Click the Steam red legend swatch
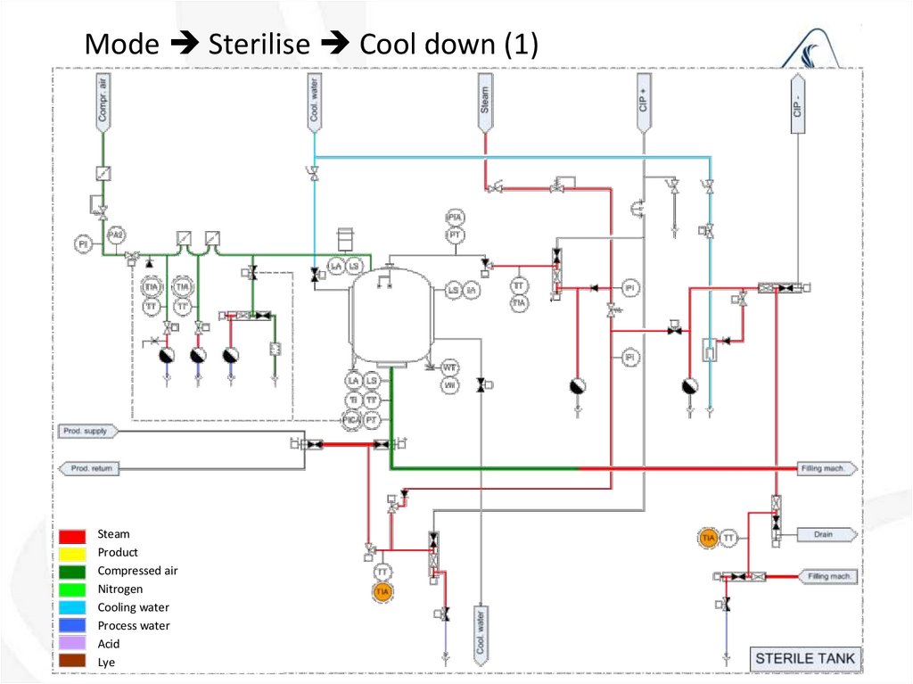click(x=73, y=535)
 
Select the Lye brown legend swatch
click(x=73, y=662)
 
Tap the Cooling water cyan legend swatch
click(x=73, y=607)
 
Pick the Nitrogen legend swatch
click(x=73, y=589)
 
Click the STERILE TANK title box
click(x=804, y=659)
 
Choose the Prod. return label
click(x=89, y=468)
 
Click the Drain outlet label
click(x=825, y=535)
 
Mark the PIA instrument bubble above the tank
click(x=455, y=218)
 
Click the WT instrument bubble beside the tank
click(x=449, y=367)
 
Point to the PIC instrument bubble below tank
click(x=353, y=419)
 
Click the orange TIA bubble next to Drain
click(x=709, y=538)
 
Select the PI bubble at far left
click(x=83, y=243)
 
